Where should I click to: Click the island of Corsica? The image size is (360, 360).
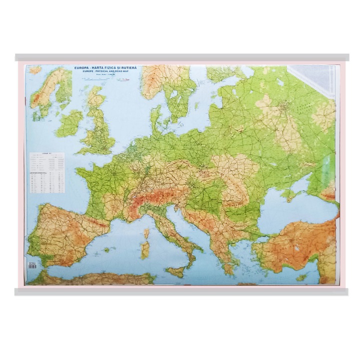click(x=146, y=234)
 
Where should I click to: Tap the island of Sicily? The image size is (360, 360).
click(x=176, y=272)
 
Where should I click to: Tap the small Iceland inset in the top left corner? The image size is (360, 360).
click(x=34, y=70)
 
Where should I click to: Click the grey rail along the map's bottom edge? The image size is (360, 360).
click(x=180, y=291)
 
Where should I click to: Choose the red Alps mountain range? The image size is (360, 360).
click(x=150, y=197)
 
